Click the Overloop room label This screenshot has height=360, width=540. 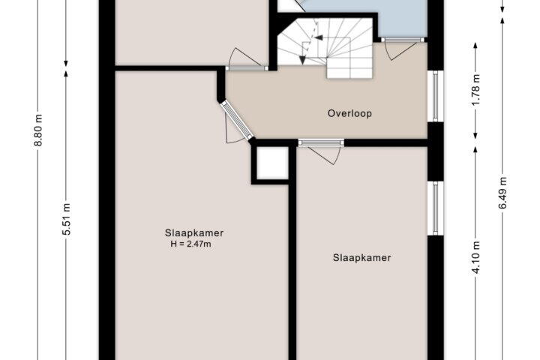349,113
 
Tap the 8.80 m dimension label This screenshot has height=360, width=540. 38,130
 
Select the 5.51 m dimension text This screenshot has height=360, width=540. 67,219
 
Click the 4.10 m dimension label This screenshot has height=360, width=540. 475,257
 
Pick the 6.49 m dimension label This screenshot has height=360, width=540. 502,193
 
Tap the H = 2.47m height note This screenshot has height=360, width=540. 190,244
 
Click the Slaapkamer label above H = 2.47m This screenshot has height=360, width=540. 194,233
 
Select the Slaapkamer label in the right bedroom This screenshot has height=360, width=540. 362,258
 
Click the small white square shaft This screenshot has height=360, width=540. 272,163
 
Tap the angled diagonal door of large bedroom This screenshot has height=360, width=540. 236,120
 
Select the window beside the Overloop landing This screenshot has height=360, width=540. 435,96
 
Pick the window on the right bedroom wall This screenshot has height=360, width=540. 435,208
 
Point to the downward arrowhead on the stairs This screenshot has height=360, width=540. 302,60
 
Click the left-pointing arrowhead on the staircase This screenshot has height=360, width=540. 319,37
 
